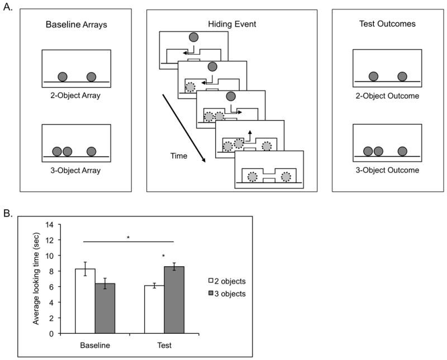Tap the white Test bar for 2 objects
tap(154, 310)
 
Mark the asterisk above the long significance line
tap(129, 238)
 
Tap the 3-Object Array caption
tap(77, 171)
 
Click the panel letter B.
tap(8, 213)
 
